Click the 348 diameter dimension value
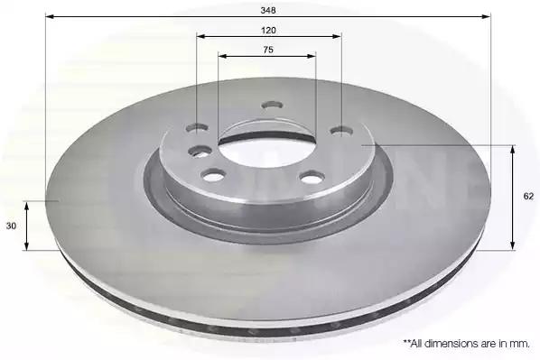268,10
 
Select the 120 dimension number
268,31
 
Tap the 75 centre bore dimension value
268,50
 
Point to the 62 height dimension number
528,196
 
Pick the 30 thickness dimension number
11,226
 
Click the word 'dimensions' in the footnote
444,344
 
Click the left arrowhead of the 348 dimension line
50,16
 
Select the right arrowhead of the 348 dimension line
486,16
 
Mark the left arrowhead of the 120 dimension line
200,36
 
